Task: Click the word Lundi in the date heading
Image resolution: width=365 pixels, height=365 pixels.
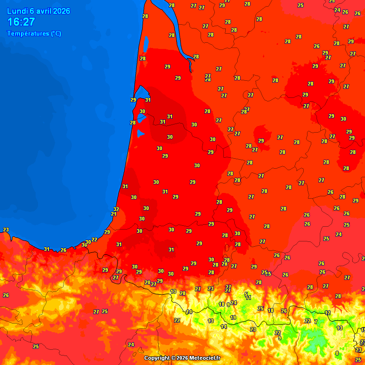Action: pyautogui.click(x=17, y=11)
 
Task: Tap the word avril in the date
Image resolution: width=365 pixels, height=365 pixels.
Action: pyautogui.click(x=42, y=11)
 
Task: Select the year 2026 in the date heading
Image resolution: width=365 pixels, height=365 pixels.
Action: pyautogui.click(x=62, y=11)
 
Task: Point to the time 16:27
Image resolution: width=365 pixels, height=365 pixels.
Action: pyautogui.click(x=21, y=22)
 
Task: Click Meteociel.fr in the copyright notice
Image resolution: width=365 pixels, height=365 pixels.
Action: pyautogui.click(x=205, y=358)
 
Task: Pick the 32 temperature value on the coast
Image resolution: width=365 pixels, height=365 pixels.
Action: pyautogui.click(x=116, y=209)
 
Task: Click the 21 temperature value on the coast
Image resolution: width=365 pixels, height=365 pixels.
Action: pyautogui.click(x=114, y=214)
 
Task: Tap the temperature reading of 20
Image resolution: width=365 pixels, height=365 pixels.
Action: pyautogui.click(x=147, y=282)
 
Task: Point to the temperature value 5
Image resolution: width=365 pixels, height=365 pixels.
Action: pyautogui.click(x=246, y=294)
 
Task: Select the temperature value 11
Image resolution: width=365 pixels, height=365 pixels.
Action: pyautogui.click(x=248, y=298)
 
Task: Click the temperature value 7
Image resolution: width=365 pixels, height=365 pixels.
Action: pyautogui.click(x=316, y=322)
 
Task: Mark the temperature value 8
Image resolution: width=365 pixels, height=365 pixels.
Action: pyautogui.click(x=337, y=353)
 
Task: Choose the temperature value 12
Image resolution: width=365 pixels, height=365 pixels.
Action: pyautogui.click(x=327, y=313)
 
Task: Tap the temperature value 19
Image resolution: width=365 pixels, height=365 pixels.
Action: pyautogui.click(x=233, y=317)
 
